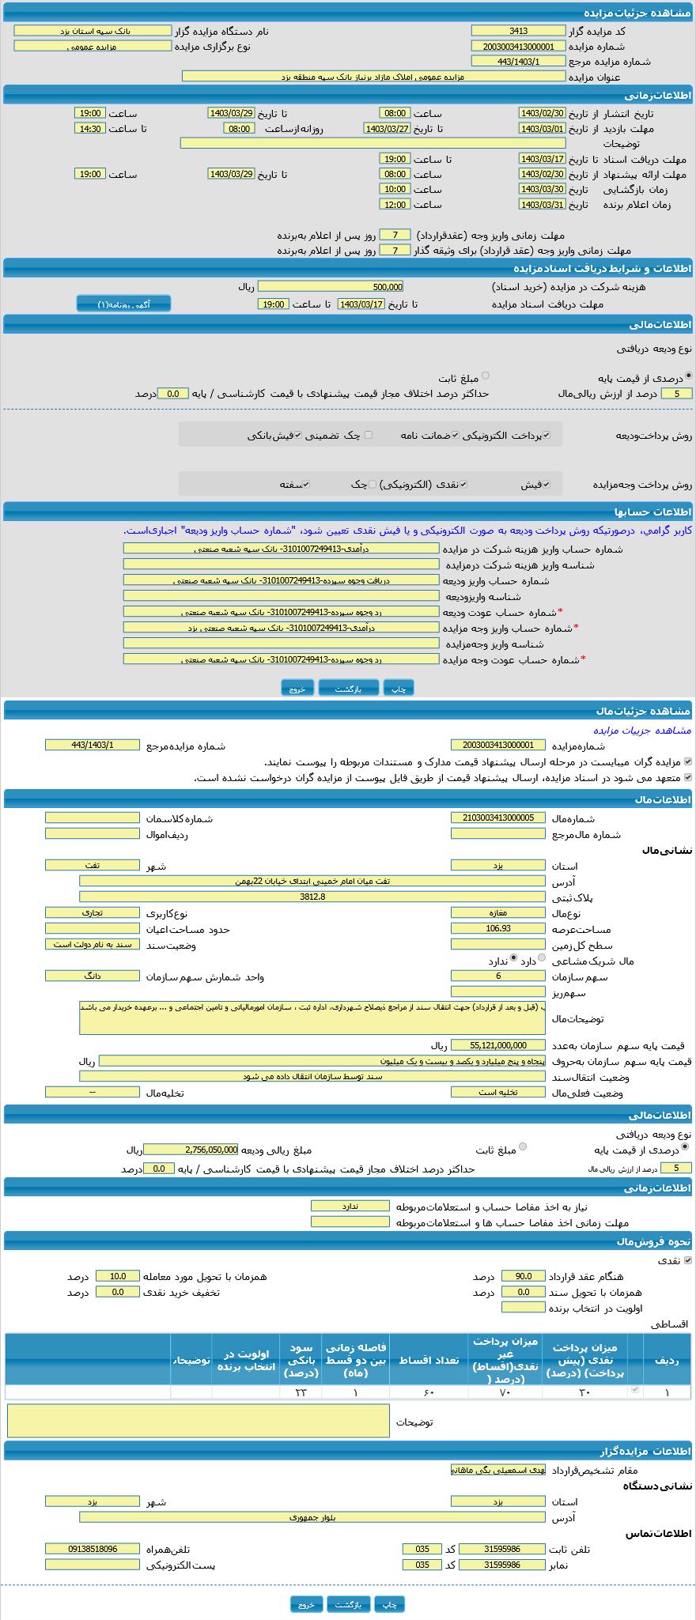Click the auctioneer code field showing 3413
click(x=518, y=31)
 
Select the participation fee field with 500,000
click(x=331, y=287)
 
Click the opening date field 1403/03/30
click(x=542, y=189)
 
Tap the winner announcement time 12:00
click(x=394, y=205)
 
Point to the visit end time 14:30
click(x=90, y=128)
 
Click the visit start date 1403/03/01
click(x=542, y=128)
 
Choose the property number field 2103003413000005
click(x=498, y=818)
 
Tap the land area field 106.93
click(x=498, y=929)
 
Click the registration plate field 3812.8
click(x=312, y=897)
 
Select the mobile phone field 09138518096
click(x=93, y=1549)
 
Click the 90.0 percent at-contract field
click(x=523, y=1276)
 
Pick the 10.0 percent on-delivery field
click(x=118, y=1276)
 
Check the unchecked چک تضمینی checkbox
click(x=369, y=435)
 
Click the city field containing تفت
click(x=93, y=865)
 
